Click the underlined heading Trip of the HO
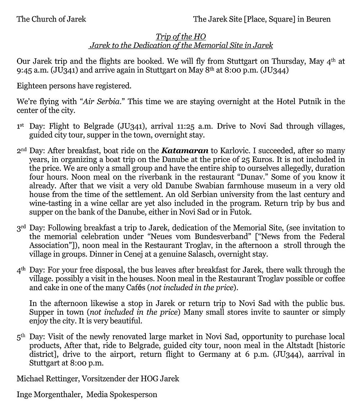(x=181, y=37)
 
